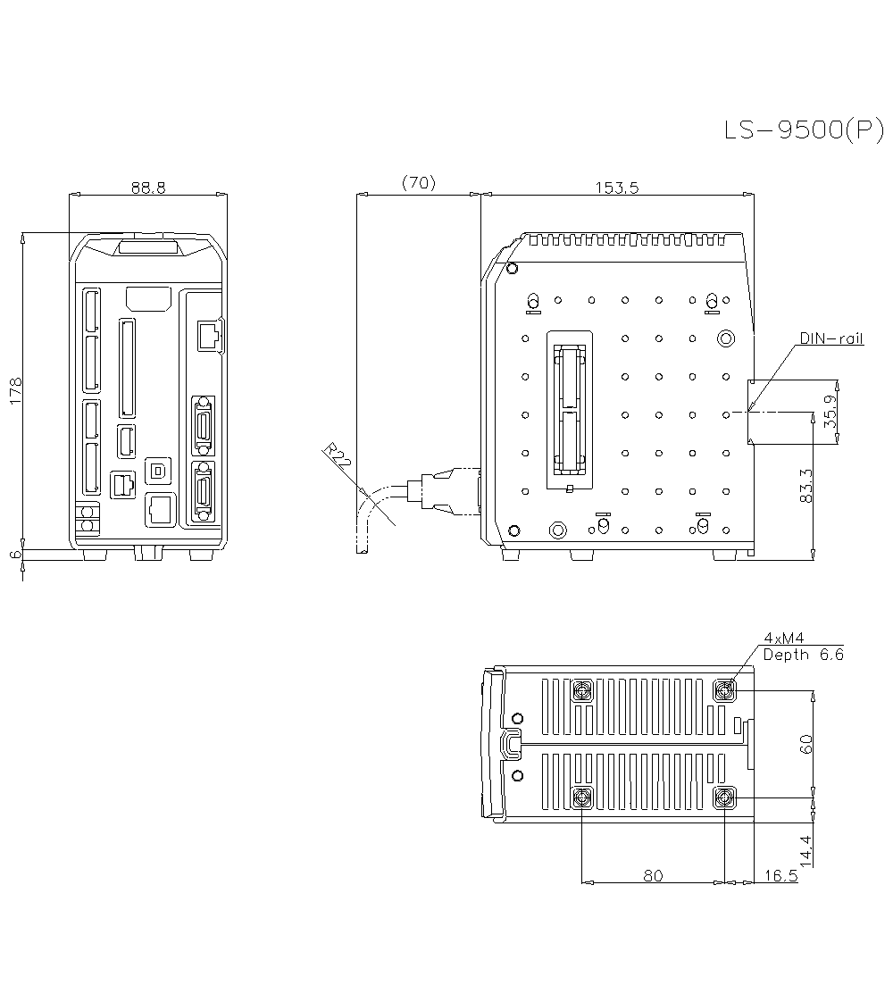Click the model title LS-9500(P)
pyautogui.click(x=803, y=130)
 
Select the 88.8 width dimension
pyautogui.click(x=148, y=187)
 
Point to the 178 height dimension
pyautogui.click(x=16, y=391)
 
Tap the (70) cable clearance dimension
pyautogui.click(x=418, y=183)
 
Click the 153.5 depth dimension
pyautogui.click(x=616, y=187)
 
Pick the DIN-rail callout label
pyautogui.click(x=831, y=339)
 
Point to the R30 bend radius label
pyautogui.click(x=338, y=457)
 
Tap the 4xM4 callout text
pyautogui.click(x=784, y=638)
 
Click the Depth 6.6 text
pyautogui.click(x=803, y=654)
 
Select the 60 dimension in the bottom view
pyautogui.click(x=806, y=744)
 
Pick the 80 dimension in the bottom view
pyautogui.click(x=653, y=875)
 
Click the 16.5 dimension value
pyautogui.click(x=781, y=875)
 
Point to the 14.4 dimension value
pyautogui.click(x=806, y=850)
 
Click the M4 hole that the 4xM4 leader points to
pyautogui.click(x=725, y=689)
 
